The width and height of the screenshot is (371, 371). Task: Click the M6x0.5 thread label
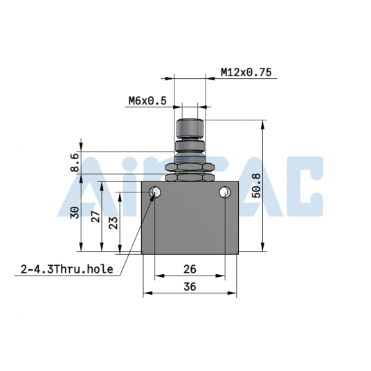(147, 101)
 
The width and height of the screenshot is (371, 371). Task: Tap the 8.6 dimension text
(75, 163)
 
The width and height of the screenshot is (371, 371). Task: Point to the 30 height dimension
(75, 213)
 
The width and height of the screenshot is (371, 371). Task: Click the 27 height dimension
(96, 216)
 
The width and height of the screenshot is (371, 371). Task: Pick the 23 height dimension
(114, 222)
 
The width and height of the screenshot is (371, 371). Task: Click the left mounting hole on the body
(155, 192)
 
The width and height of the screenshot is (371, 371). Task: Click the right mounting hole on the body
(224, 192)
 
